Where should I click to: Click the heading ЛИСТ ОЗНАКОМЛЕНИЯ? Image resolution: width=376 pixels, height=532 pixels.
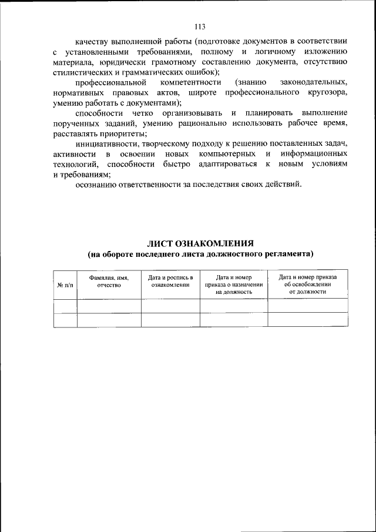coord(200,243)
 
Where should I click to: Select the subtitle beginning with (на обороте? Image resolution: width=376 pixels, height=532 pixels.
coord(200,255)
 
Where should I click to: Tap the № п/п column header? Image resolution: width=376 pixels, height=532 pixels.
coord(65,284)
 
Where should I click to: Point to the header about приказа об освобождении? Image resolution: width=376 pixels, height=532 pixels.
coord(307,283)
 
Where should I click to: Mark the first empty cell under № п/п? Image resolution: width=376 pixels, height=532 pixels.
coord(65,306)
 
